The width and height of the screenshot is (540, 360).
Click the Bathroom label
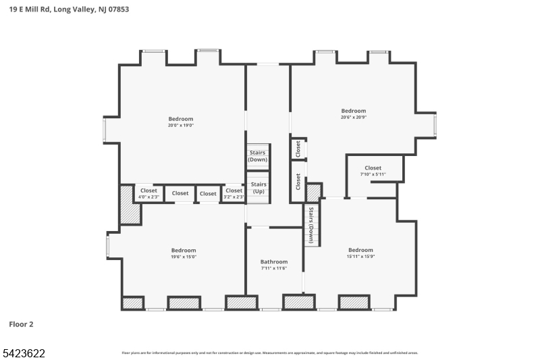[x=274, y=262]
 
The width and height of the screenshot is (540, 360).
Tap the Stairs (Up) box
[x=259, y=188]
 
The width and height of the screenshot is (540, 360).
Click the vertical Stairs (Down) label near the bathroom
[x=311, y=225]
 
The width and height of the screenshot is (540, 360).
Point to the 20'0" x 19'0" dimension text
[x=181, y=125]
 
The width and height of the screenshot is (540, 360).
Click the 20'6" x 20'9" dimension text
[x=353, y=117]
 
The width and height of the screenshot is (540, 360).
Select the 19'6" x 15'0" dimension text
[x=183, y=257]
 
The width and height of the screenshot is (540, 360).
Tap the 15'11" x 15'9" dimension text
[x=360, y=256]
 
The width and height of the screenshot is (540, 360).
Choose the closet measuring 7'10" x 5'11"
[x=373, y=171]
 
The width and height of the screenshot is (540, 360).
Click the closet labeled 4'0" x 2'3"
[x=148, y=194]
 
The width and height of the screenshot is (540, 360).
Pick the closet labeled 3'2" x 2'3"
[x=234, y=194]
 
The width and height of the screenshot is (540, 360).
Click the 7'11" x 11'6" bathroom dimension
[x=274, y=269]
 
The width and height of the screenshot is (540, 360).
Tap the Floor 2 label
[x=21, y=324]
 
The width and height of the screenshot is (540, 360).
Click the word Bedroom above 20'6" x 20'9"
[x=353, y=111]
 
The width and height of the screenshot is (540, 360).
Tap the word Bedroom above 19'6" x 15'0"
[x=183, y=250]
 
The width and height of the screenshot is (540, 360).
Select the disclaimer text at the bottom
[x=269, y=353]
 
